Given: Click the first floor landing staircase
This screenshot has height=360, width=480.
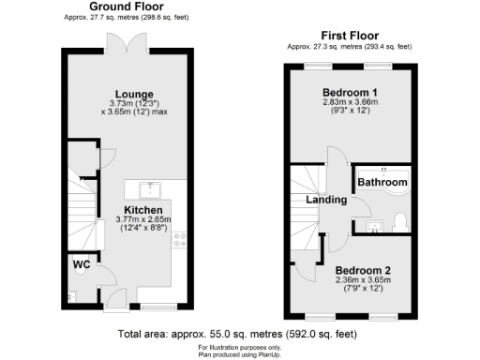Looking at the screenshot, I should tap(305, 202).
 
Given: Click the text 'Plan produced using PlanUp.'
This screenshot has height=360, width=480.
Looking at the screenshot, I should tap(239, 353).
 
